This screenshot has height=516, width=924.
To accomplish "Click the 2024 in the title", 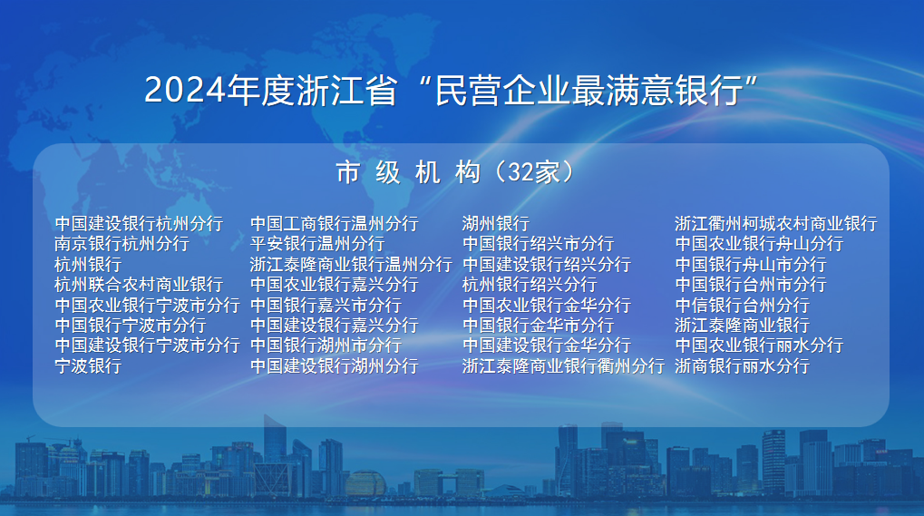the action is [x=185, y=91].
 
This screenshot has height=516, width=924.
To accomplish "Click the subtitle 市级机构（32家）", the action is [x=455, y=172].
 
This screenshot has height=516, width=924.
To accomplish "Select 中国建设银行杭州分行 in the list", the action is [x=139, y=224].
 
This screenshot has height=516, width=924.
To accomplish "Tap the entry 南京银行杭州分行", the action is [x=122, y=244].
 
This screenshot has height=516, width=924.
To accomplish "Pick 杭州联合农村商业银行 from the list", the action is [x=139, y=285].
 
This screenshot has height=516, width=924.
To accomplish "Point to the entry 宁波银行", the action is [x=88, y=365].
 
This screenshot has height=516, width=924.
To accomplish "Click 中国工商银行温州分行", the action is [x=335, y=224].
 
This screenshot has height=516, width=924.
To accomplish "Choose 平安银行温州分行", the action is [x=317, y=244].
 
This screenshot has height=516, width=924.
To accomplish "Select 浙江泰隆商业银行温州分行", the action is [x=351, y=265].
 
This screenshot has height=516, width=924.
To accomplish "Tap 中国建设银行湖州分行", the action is [x=335, y=365].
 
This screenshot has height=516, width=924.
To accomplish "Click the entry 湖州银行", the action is [x=496, y=224].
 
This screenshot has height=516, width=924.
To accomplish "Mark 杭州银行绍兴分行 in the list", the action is [x=530, y=285].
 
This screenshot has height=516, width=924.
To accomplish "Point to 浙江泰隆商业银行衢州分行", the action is [x=563, y=365].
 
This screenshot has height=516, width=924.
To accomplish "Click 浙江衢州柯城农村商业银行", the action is [x=776, y=224].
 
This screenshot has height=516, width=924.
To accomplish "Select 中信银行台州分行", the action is [x=743, y=305].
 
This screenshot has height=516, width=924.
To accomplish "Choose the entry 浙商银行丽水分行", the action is [x=743, y=365].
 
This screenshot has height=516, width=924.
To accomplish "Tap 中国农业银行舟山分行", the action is [x=760, y=244].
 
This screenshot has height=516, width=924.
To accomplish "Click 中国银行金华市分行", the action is [x=539, y=326].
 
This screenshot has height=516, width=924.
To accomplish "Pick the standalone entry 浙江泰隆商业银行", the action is [x=743, y=326].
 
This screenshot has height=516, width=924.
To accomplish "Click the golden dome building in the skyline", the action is [x=365, y=483].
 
